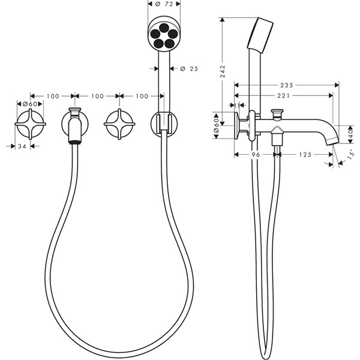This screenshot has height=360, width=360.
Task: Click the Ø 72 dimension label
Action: coord(164,4)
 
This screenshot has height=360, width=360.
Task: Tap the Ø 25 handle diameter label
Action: coord(189,68)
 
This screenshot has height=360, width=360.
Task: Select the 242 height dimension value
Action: coord(223,71)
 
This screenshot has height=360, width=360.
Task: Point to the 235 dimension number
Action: coord(287,85)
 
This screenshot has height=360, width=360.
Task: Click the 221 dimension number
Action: coord(283,95)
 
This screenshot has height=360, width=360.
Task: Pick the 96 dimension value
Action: coord(256,155)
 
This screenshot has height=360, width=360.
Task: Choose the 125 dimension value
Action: coord(305,155)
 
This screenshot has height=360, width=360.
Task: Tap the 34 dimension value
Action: coord(22,146)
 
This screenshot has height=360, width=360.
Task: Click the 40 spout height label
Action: coord(350,134)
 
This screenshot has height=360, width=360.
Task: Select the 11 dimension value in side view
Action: coord(237,105)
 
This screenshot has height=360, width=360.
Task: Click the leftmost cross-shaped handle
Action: coord(31,124)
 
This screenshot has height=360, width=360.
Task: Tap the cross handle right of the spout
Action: coord(119,124)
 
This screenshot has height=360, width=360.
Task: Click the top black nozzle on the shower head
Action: coord(164,28)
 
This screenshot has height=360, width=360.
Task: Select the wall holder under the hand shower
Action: coord(164,124)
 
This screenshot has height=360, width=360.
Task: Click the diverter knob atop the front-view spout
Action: coord(75,111)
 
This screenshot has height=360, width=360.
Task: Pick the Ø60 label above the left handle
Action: coord(30,104)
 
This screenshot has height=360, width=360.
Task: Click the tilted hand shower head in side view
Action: coord(260,35)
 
